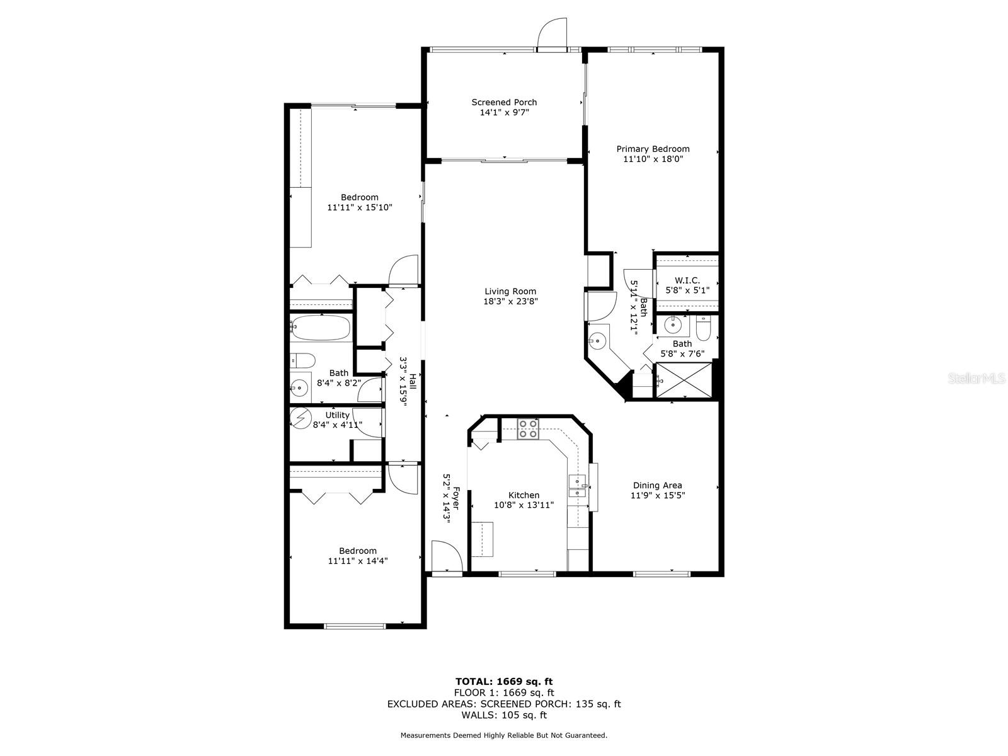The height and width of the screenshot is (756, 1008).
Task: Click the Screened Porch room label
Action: coord(504,102)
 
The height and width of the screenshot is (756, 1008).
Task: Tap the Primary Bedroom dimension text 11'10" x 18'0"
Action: coord(653,159)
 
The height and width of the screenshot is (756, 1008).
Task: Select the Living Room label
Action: coord(510,291)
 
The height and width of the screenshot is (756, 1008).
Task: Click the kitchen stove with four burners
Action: coord(528,429)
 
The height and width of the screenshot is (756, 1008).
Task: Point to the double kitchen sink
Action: coord(577,486)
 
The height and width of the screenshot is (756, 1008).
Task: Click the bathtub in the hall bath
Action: coord(321,328)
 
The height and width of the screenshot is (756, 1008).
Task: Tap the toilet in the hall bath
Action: coord(304,361)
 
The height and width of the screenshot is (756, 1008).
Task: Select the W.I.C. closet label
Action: coord(687,280)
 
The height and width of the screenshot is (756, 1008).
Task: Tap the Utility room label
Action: coord(337,415)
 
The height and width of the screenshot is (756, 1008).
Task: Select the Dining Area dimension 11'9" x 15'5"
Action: coord(658,495)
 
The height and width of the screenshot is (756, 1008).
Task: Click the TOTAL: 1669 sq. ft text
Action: coord(504,681)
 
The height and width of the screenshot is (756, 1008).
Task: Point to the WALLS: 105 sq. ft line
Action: coord(504,715)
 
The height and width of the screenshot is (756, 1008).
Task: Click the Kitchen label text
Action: coord(524,495)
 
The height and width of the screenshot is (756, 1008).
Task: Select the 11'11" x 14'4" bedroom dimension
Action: coord(357,561)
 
